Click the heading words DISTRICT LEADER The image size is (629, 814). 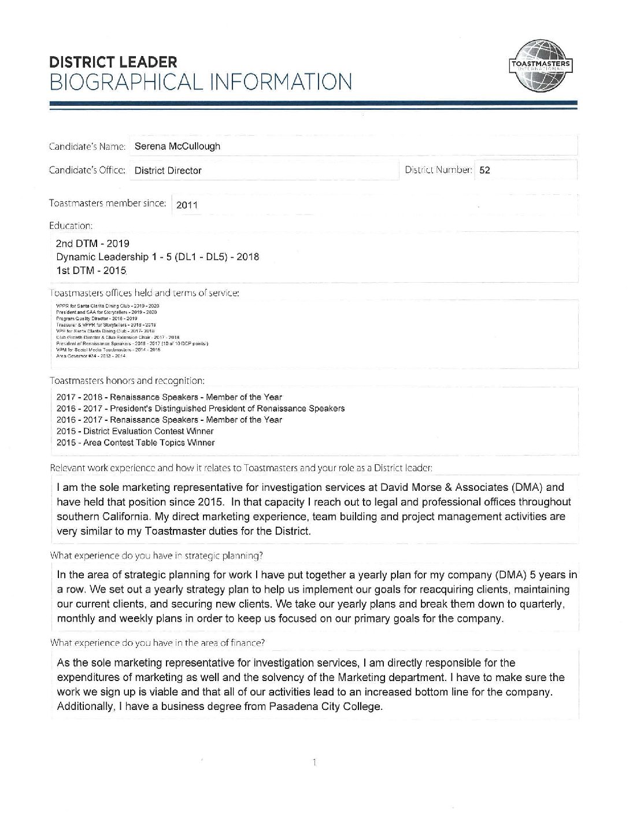tap(113, 62)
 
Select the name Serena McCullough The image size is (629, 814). tap(177, 146)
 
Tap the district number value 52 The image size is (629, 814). tap(484, 171)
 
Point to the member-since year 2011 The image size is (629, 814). tap(187, 204)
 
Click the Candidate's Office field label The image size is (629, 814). tap(88, 170)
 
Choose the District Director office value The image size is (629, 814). tap(168, 171)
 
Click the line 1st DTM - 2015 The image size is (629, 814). tap(91, 271)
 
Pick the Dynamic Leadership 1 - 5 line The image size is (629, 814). tap(157, 257)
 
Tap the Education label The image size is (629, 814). tap(71, 225)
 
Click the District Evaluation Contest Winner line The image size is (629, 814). tap(135, 431)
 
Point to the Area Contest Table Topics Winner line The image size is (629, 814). tap(136, 443)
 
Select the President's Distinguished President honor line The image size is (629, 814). tap(201, 408)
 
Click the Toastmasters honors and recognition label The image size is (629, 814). tap(127, 381)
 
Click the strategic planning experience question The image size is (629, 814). tap(157, 556)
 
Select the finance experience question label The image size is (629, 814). tap(158, 642)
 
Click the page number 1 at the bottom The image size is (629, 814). tap(314, 763)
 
